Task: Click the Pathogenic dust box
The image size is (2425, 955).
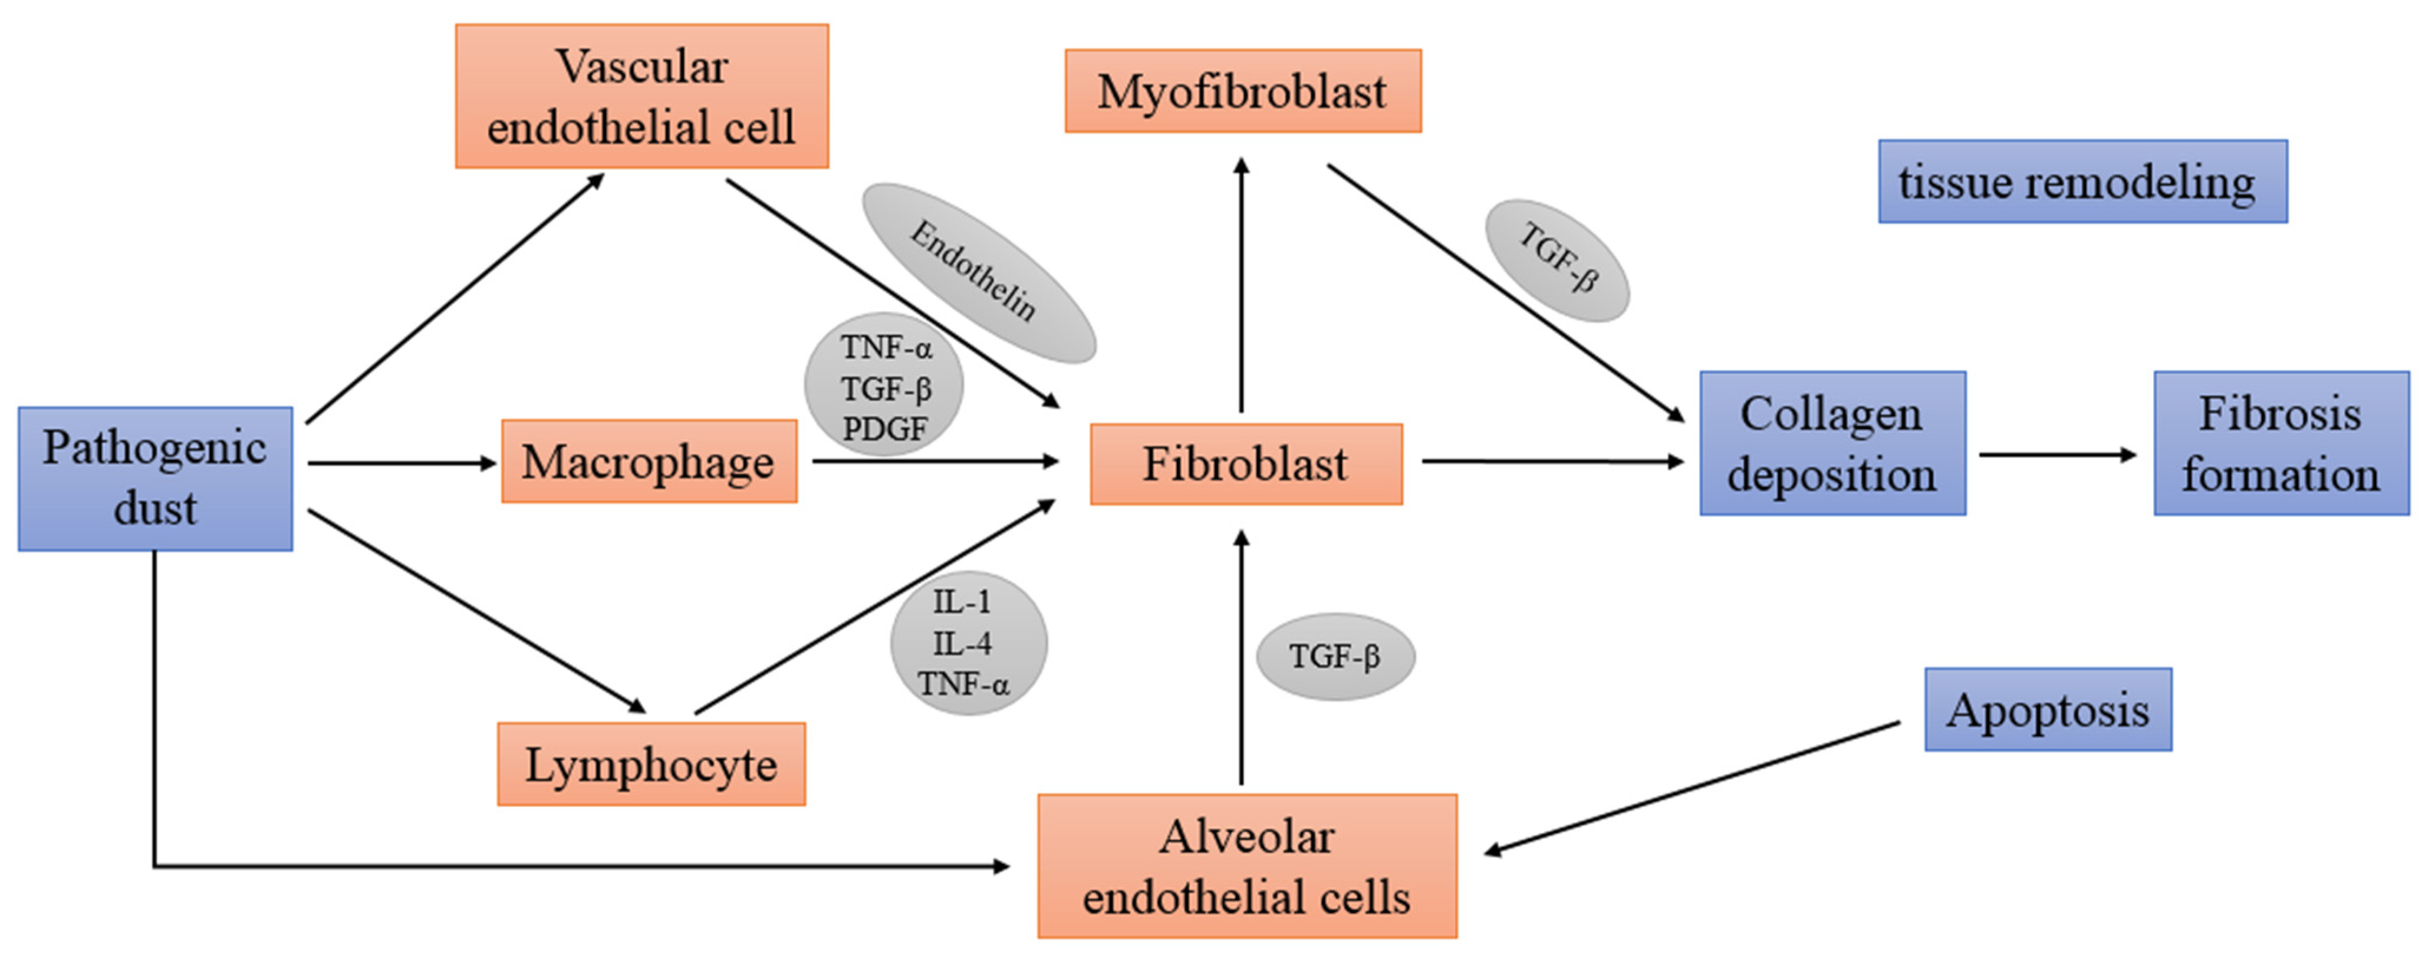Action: (x=155, y=478)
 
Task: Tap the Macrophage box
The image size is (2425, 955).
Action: (x=649, y=461)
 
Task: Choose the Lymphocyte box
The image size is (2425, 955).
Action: (x=650, y=764)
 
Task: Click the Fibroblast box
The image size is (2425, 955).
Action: (x=1245, y=464)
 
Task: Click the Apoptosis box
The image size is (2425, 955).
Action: (x=2048, y=709)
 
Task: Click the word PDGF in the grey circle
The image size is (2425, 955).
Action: (x=884, y=429)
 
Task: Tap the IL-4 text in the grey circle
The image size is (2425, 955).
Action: (x=962, y=644)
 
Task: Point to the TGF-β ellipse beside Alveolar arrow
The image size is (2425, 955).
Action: (x=1335, y=656)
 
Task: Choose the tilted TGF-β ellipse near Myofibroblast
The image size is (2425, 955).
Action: (x=1557, y=260)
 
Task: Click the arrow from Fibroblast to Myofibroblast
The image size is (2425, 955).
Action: (x=1242, y=282)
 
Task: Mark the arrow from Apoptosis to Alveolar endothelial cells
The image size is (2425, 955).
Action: (x=1694, y=788)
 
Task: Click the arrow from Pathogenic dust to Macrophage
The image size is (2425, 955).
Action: (x=400, y=462)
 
